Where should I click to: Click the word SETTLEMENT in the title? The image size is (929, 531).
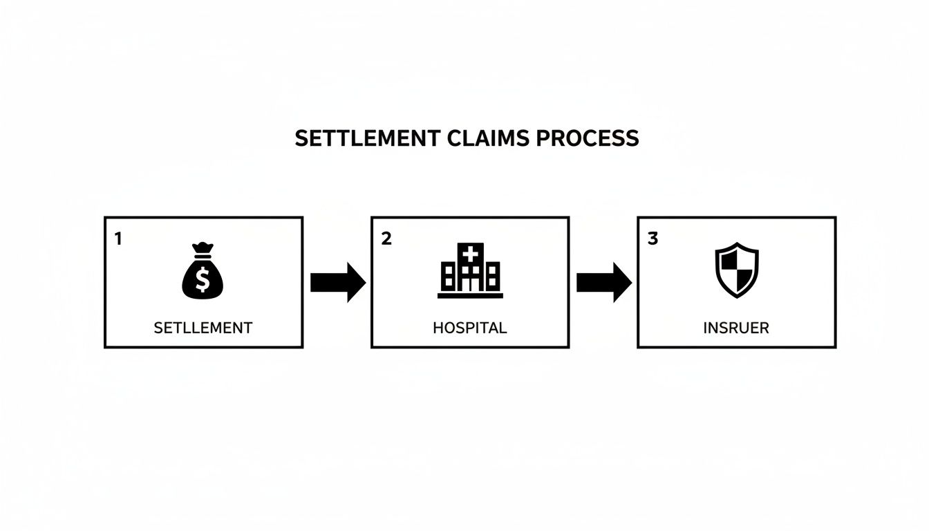click(x=366, y=138)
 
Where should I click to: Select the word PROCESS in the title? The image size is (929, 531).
click(x=588, y=138)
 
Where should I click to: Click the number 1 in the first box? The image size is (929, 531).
click(x=118, y=239)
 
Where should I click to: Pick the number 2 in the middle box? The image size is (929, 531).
click(x=386, y=239)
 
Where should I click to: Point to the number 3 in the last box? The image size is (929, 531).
click(x=653, y=239)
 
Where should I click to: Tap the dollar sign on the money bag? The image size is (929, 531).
click(x=203, y=280)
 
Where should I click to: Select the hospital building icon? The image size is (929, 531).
click(x=470, y=271)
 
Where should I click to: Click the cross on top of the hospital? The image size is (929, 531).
click(x=470, y=254)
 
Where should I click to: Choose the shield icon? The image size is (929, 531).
click(x=736, y=270)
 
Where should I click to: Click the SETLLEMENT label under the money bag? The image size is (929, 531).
click(x=203, y=328)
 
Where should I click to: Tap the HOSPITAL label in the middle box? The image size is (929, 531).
click(x=470, y=328)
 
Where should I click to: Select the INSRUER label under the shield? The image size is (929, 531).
click(x=736, y=328)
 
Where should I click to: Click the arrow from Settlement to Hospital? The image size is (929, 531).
click(x=337, y=282)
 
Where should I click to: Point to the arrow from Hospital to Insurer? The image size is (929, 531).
click(x=603, y=282)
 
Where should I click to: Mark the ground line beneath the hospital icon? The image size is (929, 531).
click(x=470, y=296)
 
